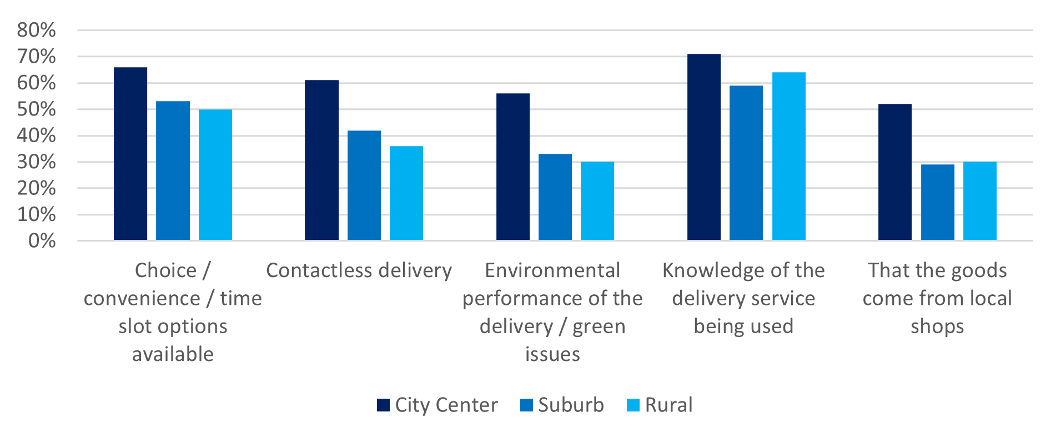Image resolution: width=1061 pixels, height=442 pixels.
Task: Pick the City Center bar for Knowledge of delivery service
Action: (704, 147)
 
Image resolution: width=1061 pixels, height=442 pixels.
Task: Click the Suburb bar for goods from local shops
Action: (937, 202)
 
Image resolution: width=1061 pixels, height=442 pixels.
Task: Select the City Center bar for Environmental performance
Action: (512, 167)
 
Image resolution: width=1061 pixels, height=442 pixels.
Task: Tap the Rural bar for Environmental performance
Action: (597, 201)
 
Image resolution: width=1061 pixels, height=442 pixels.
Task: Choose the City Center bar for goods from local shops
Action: (895, 172)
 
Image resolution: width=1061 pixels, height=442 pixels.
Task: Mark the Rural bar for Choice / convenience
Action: (215, 175)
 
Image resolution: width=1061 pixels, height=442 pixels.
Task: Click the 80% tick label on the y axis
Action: (36, 30)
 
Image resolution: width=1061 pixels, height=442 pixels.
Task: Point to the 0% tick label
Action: (42, 240)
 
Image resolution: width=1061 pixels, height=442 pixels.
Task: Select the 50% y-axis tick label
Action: (36, 109)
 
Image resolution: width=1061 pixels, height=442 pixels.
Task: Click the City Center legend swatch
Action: (383, 405)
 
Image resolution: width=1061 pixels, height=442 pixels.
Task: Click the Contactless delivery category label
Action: (359, 270)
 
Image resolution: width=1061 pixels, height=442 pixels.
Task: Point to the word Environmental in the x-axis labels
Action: (552, 270)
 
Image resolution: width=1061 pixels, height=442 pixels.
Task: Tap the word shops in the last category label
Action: (937, 326)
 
